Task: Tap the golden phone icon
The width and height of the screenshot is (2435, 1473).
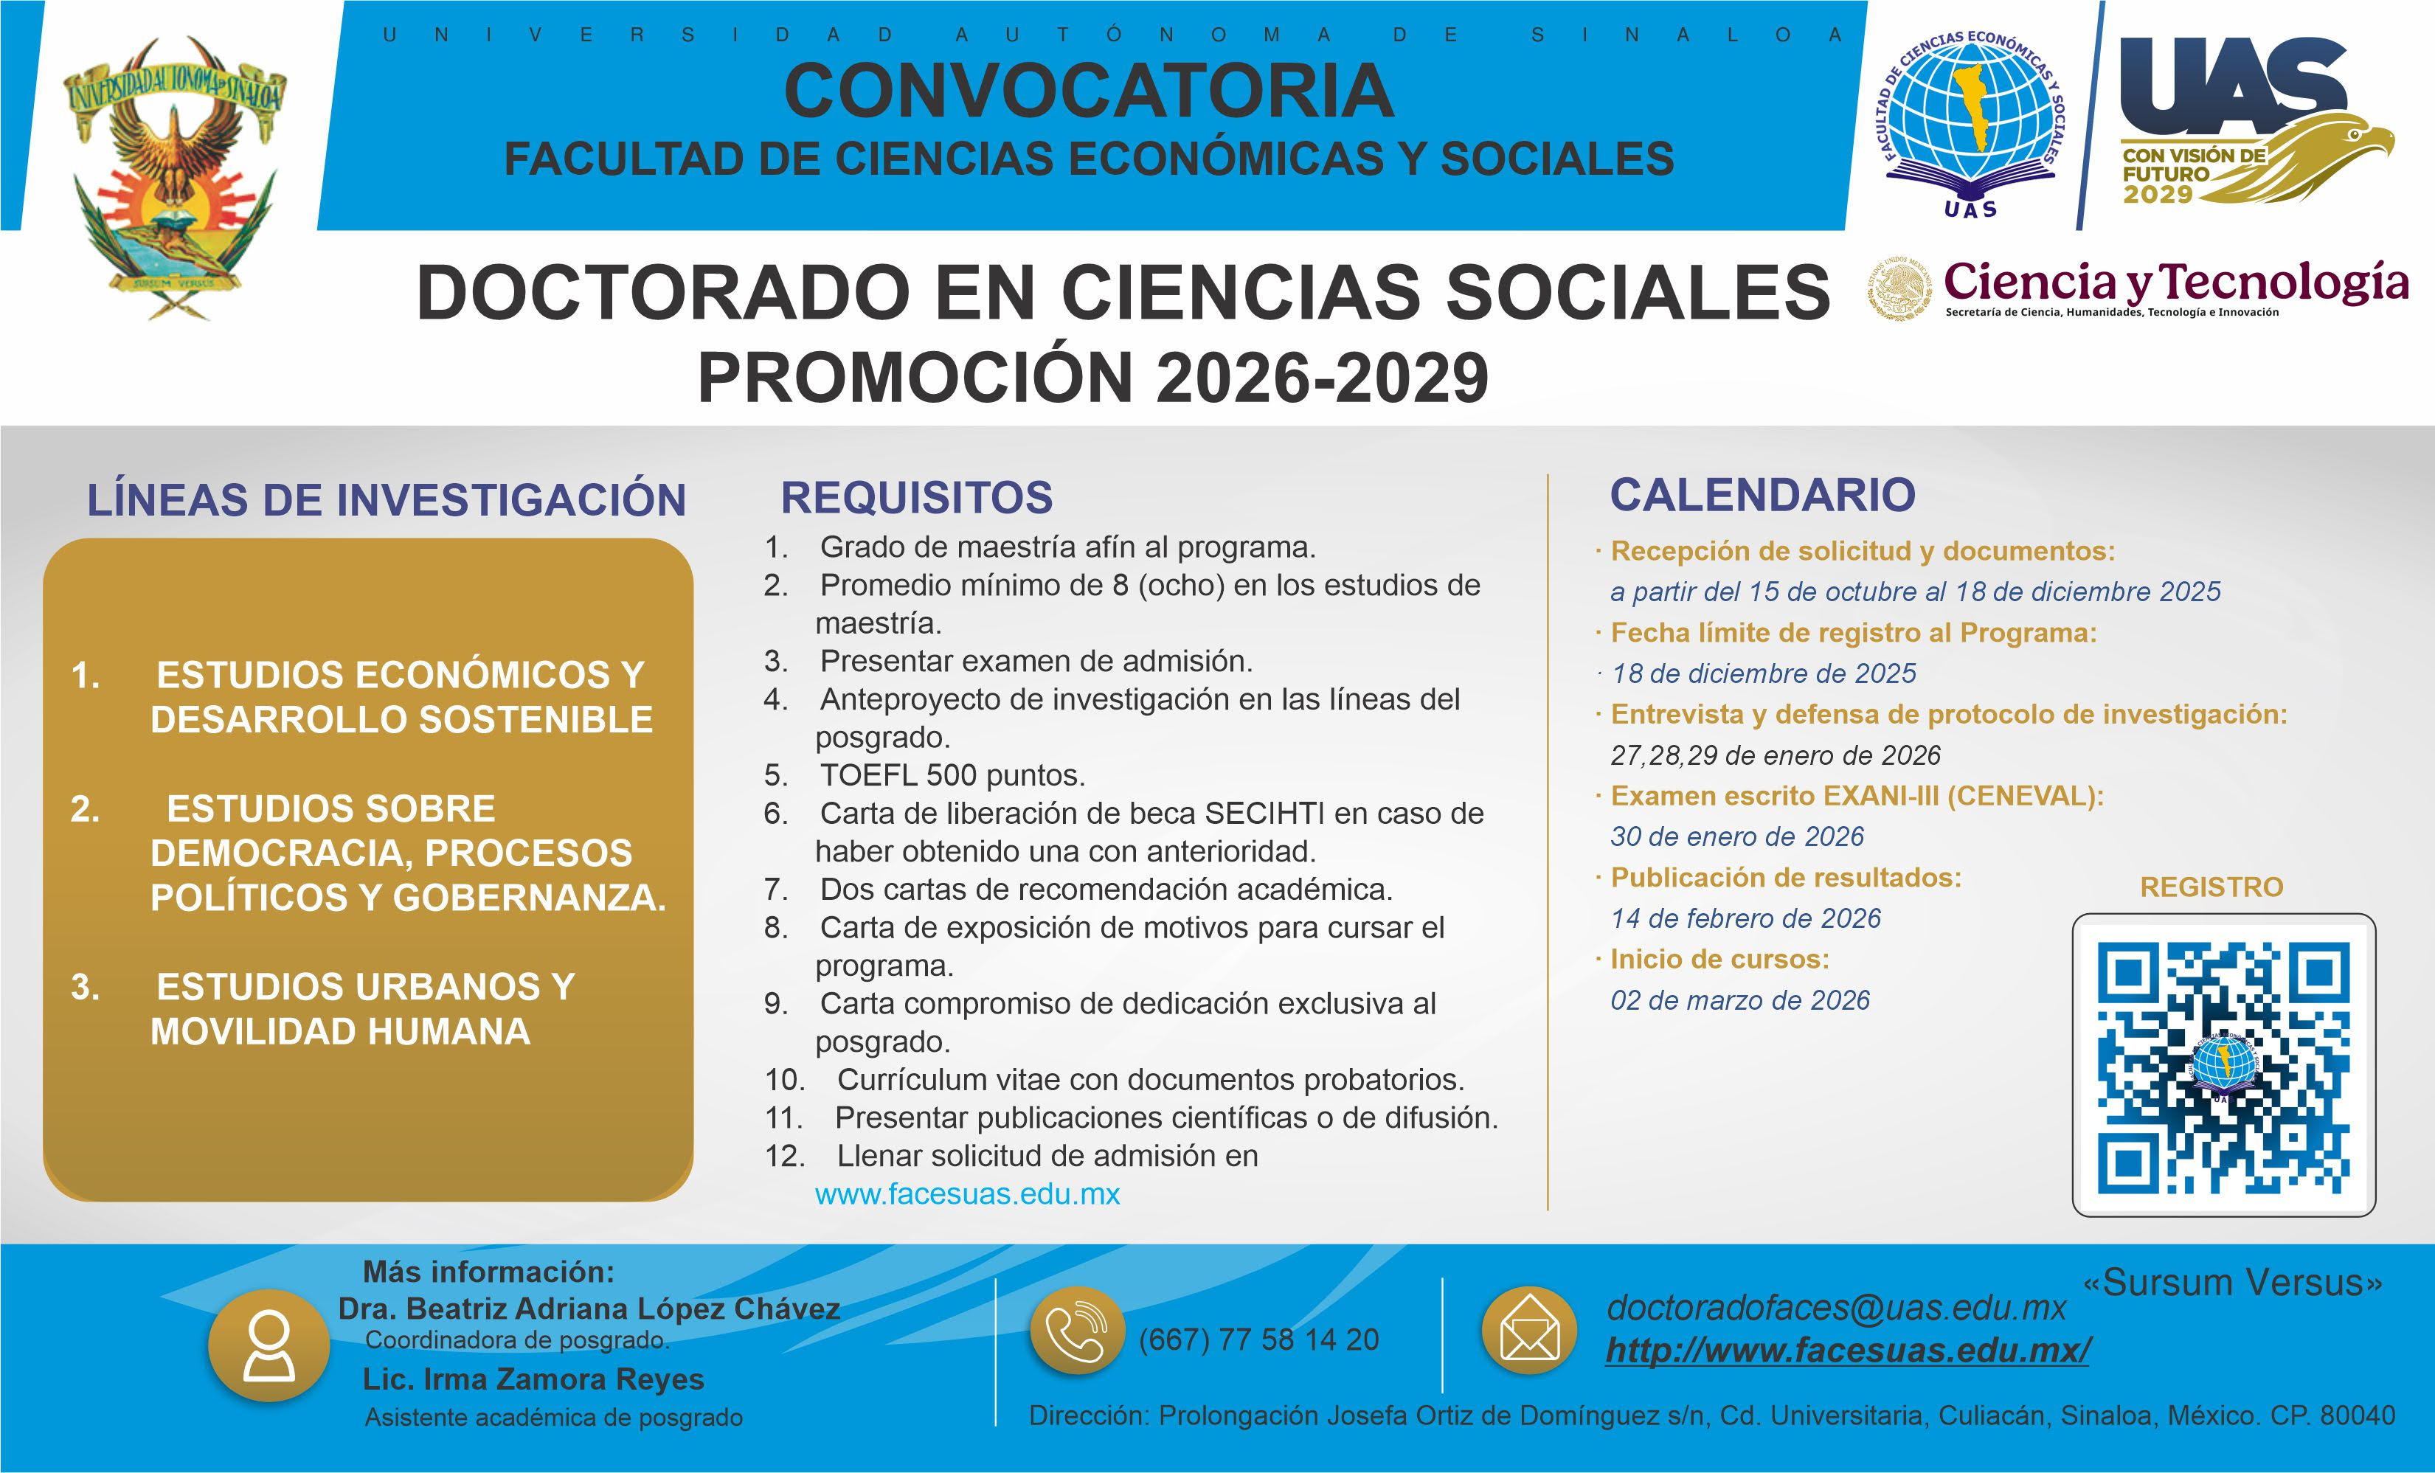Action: tap(1077, 1331)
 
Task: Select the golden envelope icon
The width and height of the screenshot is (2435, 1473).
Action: tap(1530, 1331)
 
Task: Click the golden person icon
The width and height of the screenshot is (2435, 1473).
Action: tap(269, 1345)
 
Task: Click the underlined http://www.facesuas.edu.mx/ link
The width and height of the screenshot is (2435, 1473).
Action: tap(1848, 1351)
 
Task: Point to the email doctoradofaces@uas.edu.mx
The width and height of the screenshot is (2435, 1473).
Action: tap(1836, 1308)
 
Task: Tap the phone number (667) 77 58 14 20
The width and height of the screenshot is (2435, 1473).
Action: tap(1259, 1339)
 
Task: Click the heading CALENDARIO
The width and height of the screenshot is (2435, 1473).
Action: tap(1763, 495)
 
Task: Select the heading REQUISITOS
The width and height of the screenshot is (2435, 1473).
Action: tap(917, 497)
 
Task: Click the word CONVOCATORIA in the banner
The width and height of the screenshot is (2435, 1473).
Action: tap(1089, 90)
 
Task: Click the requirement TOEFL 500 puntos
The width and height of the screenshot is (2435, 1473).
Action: tap(952, 775)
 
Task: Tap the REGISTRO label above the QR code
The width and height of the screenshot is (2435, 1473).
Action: tap(2211, 887)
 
